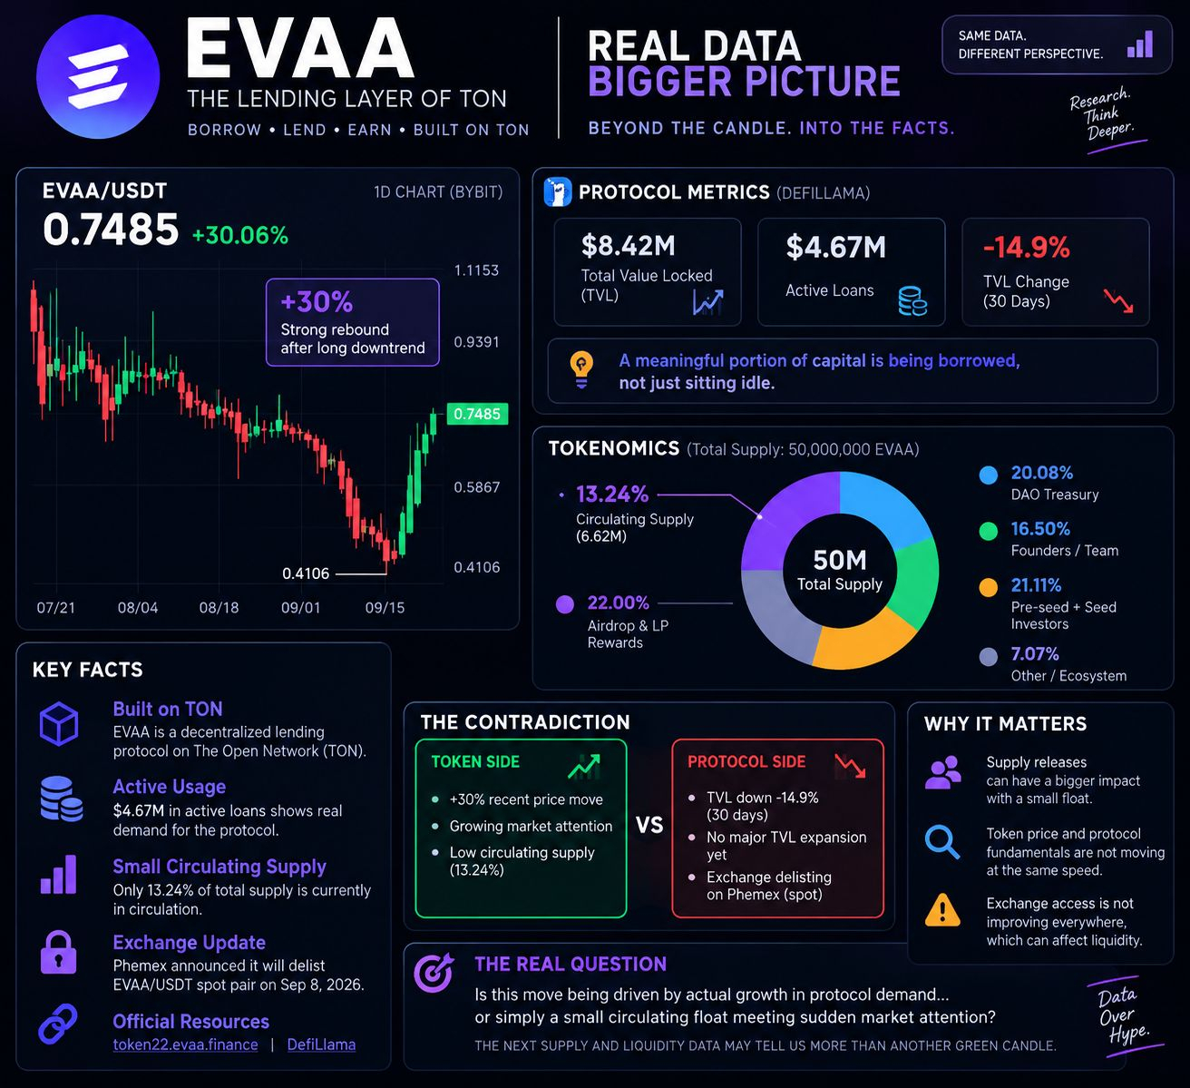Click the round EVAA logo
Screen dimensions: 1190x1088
coord(98,76)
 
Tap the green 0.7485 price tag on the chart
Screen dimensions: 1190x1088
coord(477,414)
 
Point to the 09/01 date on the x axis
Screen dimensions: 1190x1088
coord(301,608)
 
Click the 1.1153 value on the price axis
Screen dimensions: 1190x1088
coord(476,270)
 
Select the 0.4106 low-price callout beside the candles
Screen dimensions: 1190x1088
coord(306,573)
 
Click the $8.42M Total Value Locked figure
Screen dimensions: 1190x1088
coord(629,246)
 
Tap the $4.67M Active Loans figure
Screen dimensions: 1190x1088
coord(836,247)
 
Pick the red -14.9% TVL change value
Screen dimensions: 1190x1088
coord(1027,247)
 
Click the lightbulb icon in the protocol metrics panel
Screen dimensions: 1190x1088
coord(581,370)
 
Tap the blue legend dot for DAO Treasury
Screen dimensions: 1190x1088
coord(989,475)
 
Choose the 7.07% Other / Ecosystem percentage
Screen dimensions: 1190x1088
coord(1035,654)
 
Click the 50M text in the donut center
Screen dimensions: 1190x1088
coord(839,560)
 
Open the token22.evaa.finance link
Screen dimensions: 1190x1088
coord(186,1044)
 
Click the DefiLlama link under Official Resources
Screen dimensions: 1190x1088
coord(321,1044)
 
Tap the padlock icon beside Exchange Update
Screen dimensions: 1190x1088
coord(58,952)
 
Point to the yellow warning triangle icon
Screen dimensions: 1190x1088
coord(942,910)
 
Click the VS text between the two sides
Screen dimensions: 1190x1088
coord(649,825)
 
